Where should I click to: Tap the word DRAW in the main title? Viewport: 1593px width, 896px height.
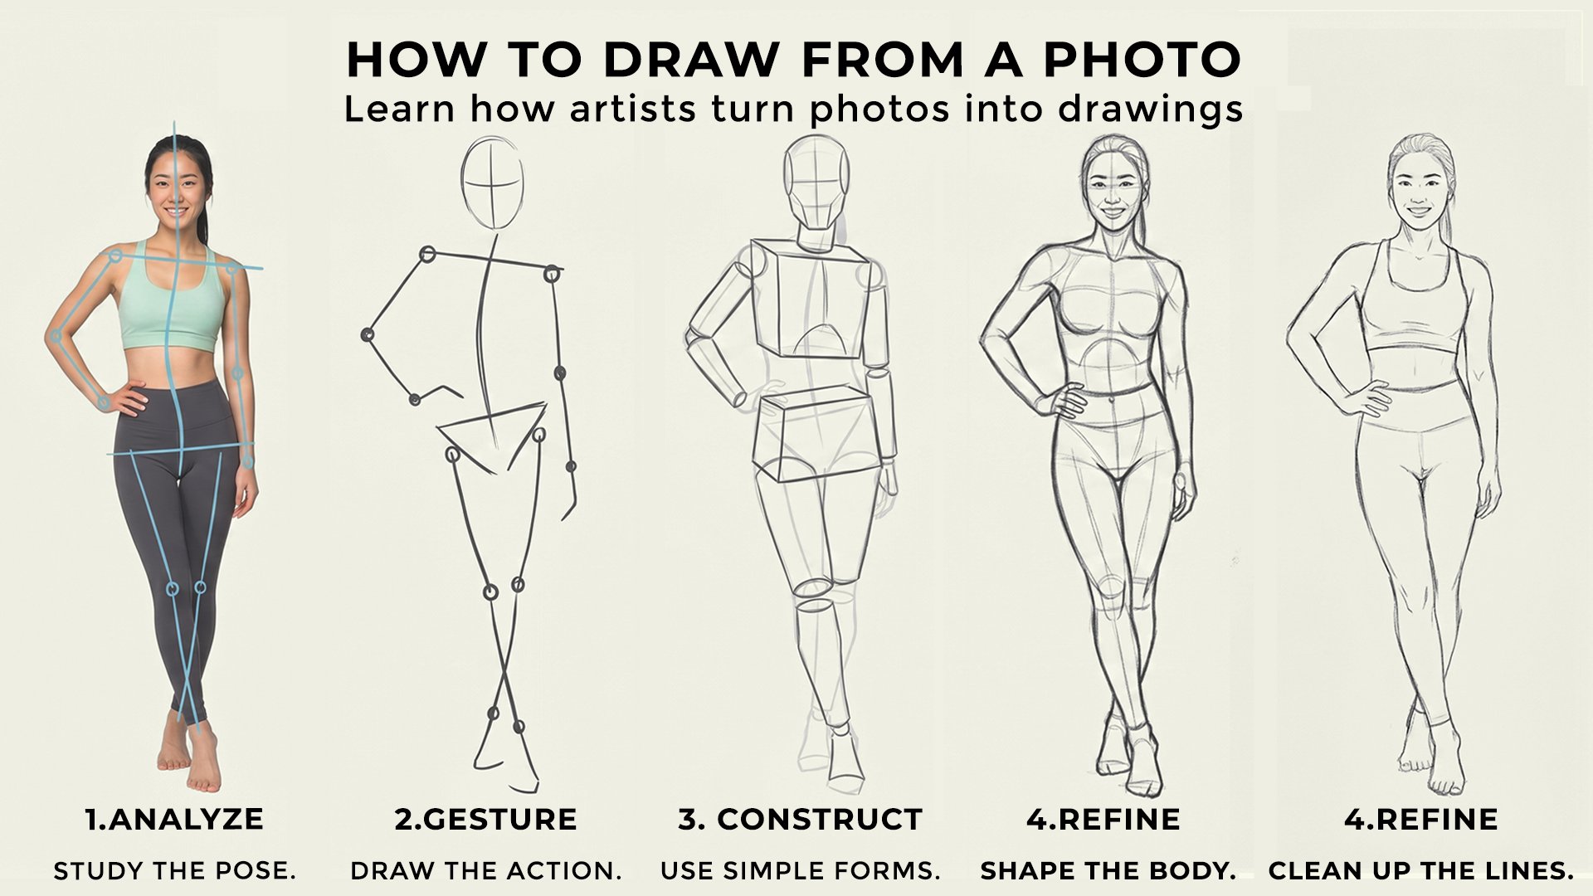[690, 60]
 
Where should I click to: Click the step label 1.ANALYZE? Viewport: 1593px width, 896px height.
[174, 819]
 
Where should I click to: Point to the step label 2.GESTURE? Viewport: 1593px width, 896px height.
[485, 819]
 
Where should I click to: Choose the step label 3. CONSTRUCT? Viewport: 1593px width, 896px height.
[800, 819]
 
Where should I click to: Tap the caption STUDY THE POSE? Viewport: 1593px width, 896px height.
[174, 871]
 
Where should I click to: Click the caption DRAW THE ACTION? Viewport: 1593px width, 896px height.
[485, 871]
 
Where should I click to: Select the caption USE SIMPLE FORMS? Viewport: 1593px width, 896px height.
[800, 871]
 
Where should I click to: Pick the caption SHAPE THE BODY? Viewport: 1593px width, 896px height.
[1108, 871]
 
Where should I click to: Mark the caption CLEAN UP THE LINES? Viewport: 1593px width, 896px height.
[1420, 871]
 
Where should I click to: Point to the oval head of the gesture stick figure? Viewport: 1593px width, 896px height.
[493, 183]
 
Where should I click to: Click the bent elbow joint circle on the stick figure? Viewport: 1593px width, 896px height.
[367, 335]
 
